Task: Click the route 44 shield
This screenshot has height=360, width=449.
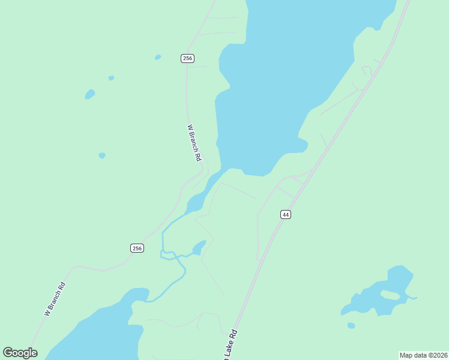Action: tap(286, 214)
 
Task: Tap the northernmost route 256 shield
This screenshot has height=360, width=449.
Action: tap(187, 58)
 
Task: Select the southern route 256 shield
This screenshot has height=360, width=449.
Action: tap(137, 248)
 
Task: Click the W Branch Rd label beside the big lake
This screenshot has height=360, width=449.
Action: tap(193, 143)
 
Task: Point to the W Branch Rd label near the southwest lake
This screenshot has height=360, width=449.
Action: tap(54, 299)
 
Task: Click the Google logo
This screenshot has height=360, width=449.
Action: tap(20, 353)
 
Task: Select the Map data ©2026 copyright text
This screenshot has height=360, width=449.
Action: tap(423, 355)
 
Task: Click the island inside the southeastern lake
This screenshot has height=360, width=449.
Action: tap(390, 295)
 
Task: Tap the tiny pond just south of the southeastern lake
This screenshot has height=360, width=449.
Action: tap(351, 326)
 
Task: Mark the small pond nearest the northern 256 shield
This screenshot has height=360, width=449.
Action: tap(158, 58)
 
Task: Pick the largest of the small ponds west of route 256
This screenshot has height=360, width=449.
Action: tap(90, 94)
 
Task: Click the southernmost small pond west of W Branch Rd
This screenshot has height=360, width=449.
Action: tap(102, 155)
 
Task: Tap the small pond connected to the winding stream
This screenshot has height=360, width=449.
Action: tap(199, 247)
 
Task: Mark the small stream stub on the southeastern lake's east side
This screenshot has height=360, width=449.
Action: tap(413, 296)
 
